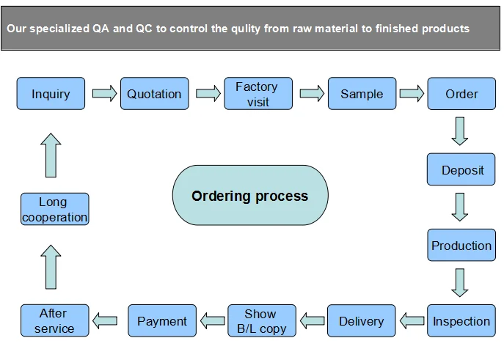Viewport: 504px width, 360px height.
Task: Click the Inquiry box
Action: [51, 94]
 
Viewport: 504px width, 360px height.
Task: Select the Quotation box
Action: [154, 94]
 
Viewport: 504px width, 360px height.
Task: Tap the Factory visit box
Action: [258, 94]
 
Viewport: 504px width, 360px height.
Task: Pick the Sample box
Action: [362, 94]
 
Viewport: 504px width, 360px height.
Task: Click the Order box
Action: [461, 94]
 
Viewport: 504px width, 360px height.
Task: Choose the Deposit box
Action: [461, 170]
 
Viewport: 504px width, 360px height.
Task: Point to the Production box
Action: [461, 246]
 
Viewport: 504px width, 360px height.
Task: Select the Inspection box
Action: [461, 321]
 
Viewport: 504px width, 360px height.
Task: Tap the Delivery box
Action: [362, 321]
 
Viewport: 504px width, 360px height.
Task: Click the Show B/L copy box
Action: [261, 321]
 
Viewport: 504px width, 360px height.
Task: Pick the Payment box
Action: [162, 321]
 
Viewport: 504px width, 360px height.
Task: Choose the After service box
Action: [54, 321]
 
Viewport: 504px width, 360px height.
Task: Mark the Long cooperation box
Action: [54, 209]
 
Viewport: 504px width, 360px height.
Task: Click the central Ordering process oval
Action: [249, 196]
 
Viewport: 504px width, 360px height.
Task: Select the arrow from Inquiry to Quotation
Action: [103, 94]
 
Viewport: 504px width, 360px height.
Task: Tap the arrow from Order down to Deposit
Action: [461, 131]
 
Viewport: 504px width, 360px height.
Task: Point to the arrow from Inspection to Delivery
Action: [412, 320]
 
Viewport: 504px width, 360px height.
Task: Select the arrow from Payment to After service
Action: [105, 320]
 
